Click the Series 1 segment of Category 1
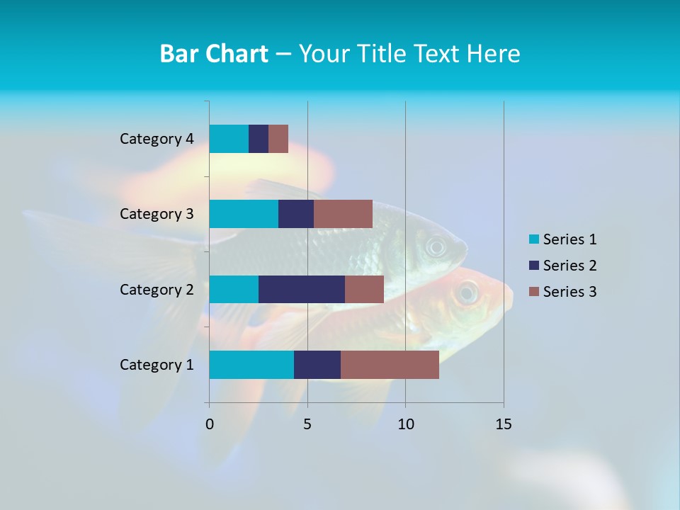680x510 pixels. pos(251,365)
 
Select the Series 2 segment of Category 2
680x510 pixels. pos(302,289)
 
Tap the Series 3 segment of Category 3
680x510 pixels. pos(343,214)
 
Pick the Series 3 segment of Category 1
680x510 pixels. pos(390,365)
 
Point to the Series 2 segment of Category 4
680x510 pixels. pos(259,139)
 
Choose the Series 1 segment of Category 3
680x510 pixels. pos(244,214)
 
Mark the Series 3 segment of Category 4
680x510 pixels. pos(278,139)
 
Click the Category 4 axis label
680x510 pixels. pos(157,139)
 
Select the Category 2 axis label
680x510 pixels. pos(157,289)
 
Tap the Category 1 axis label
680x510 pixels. pos(157,365)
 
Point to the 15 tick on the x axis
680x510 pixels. pos(504,424)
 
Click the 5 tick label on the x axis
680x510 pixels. pos(307,424)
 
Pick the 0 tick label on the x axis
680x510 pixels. pos(210,424)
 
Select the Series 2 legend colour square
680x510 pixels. pos(533,266)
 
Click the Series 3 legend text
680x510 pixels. pos(569,292)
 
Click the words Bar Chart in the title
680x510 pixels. pos(213,54)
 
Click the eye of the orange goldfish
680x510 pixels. pos(467,292)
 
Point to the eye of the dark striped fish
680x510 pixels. pos(436,247)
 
